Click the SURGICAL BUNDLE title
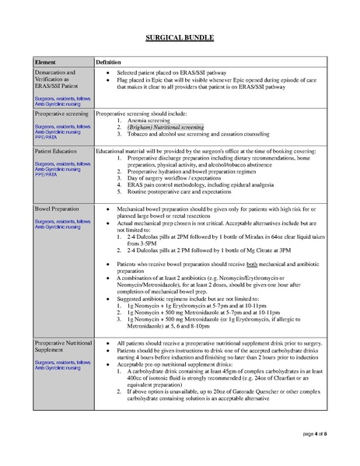[180, 37]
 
